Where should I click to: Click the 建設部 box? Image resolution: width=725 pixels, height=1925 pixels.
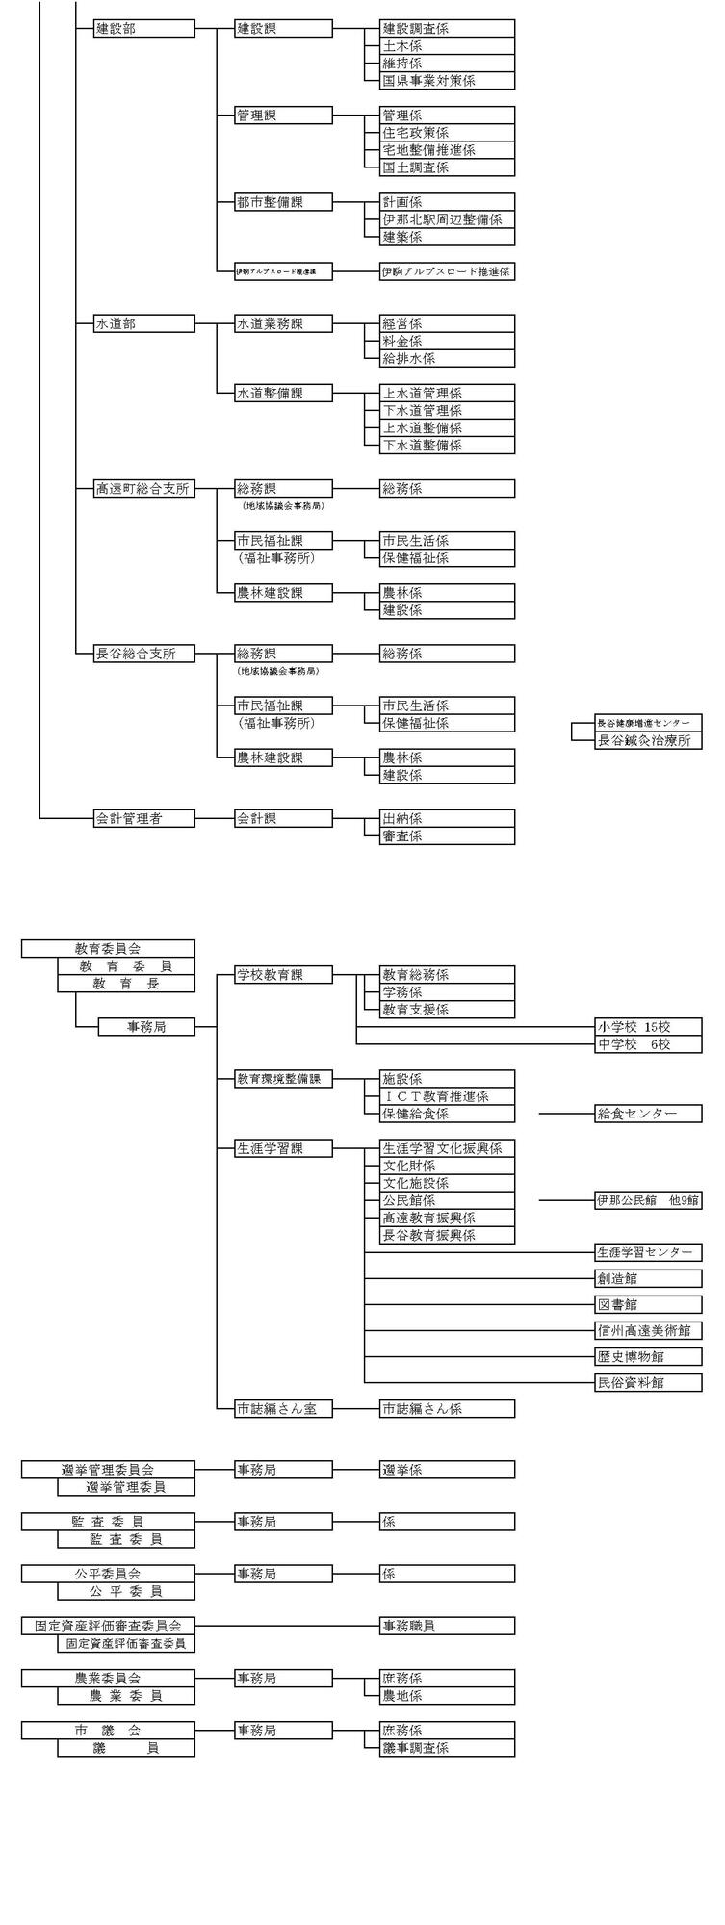pyautogui.click(x=144, y=29)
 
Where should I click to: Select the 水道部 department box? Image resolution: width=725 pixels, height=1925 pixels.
pyautogui.click(x=144, y=323)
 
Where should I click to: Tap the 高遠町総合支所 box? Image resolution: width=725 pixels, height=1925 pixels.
pyautogui.click(x=144, y=489)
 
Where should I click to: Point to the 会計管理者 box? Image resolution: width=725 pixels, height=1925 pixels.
pyautogui.click(x=144, y=818)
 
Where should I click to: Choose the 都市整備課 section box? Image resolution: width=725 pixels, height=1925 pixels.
pyautogui.click(x=284, y=202)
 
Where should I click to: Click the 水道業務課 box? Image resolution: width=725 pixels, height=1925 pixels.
pyautogui.click(x=284, y=323)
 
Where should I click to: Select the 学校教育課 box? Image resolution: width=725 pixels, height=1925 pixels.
pyautogui.click(x=284, y=975)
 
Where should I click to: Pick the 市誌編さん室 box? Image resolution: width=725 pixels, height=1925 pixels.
pyautogui.click(x=284, y=1408)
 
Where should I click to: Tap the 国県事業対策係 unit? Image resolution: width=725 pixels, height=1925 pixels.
pyautogui.click(x=447, y=81)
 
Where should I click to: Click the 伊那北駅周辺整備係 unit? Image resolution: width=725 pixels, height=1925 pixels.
pyautogui.click(x=447, y=219)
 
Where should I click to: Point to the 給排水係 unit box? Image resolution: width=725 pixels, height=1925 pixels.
pyautogui.click(x=447, y=358)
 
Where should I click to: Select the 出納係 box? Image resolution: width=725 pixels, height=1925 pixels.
pyautogui.click(x=447, y=818)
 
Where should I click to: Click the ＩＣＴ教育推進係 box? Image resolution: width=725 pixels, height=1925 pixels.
pyautogui.click(x=447, y=1096)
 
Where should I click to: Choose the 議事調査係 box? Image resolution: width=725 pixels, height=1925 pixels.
pyautogui.click(x=447, y=1747)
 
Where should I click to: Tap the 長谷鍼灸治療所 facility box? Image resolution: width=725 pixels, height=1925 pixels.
pyautogui.click(x=648, y=740)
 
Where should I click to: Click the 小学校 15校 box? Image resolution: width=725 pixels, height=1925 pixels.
pyautogui.click(x=648, y=1027)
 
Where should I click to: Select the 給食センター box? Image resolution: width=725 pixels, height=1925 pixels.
pyautogui.click(x=648, y=1114)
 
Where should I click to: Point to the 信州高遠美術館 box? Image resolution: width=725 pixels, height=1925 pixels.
pyautogui.click(x=648, y=1331)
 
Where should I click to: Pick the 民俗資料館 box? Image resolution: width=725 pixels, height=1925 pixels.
pyautogui.click(x=648, y=1383)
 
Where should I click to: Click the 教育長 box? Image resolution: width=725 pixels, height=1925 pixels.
pyautogui.click(x=126, y=984)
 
